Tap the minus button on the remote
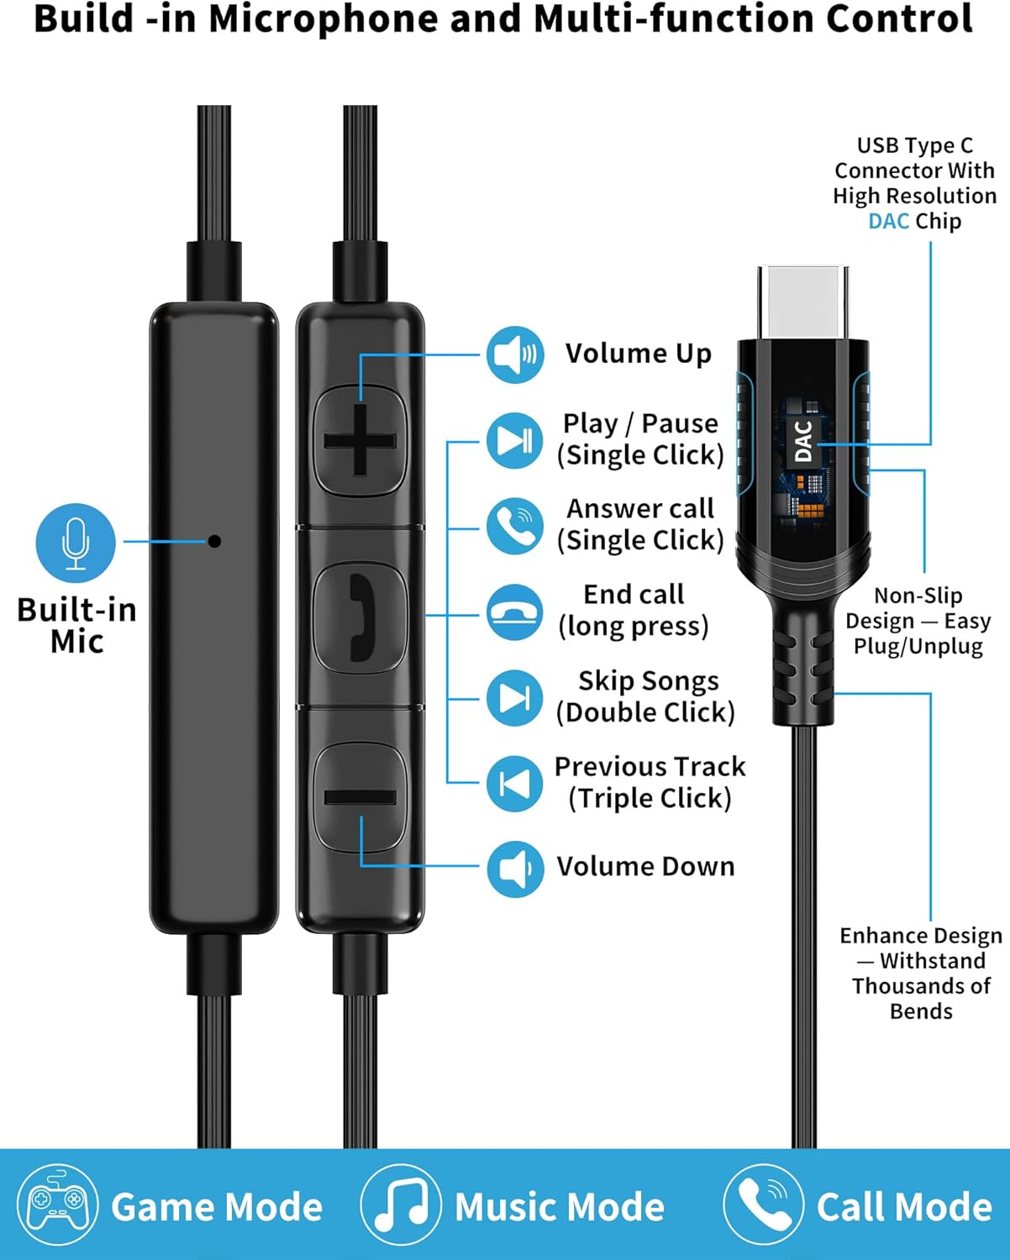360,796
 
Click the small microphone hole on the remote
214,541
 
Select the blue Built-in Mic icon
76,543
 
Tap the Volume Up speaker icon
514,354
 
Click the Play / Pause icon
514,440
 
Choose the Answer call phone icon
514,526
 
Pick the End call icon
514,612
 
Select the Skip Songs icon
514,697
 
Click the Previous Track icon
514,783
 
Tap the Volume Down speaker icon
514,868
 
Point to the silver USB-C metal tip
802,302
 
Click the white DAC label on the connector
803,441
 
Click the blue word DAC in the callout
888,222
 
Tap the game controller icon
57,1205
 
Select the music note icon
401,1205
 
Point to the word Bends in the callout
921,1011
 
